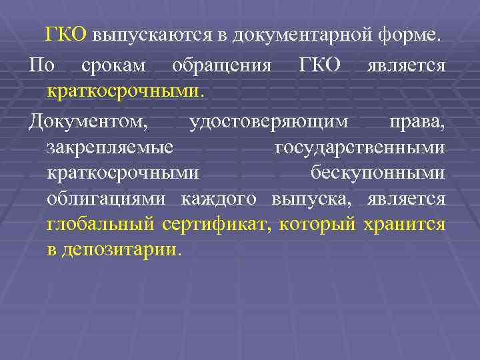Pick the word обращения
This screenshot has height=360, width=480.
[x=221, y=67]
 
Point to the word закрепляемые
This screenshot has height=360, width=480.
[x=111, y=147]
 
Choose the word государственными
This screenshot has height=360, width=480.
[x=360, y=147]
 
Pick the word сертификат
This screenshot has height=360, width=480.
[x=216, y=224]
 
